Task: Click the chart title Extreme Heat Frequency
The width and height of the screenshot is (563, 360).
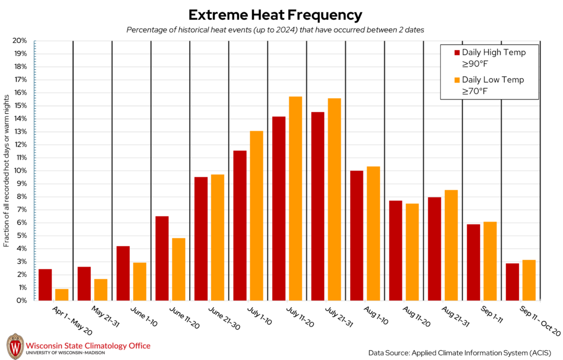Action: point(275,14)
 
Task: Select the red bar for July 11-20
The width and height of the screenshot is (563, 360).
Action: point(279,208)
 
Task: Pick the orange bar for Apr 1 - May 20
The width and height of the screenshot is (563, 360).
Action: point(62,295)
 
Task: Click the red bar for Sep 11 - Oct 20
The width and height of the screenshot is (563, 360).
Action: point(512,282)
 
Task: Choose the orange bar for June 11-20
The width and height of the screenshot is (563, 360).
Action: point(179,269)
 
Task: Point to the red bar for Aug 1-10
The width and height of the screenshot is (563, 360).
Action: point(356,235)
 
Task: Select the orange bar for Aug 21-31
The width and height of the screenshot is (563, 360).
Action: point(451,245)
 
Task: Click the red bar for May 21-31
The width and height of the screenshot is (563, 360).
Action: point(84,284)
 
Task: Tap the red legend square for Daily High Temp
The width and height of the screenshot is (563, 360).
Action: point(456,53)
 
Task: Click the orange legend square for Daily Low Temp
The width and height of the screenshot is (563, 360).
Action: point(456,80)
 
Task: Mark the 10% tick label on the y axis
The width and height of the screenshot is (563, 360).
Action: point(20,170)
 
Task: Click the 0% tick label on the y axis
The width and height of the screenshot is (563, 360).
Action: point(22,301)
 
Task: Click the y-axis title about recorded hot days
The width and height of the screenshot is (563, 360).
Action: point(7,170)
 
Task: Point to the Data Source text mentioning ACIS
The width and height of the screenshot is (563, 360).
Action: point(460,351)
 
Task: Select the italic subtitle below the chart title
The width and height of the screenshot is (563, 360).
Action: point(275,30)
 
